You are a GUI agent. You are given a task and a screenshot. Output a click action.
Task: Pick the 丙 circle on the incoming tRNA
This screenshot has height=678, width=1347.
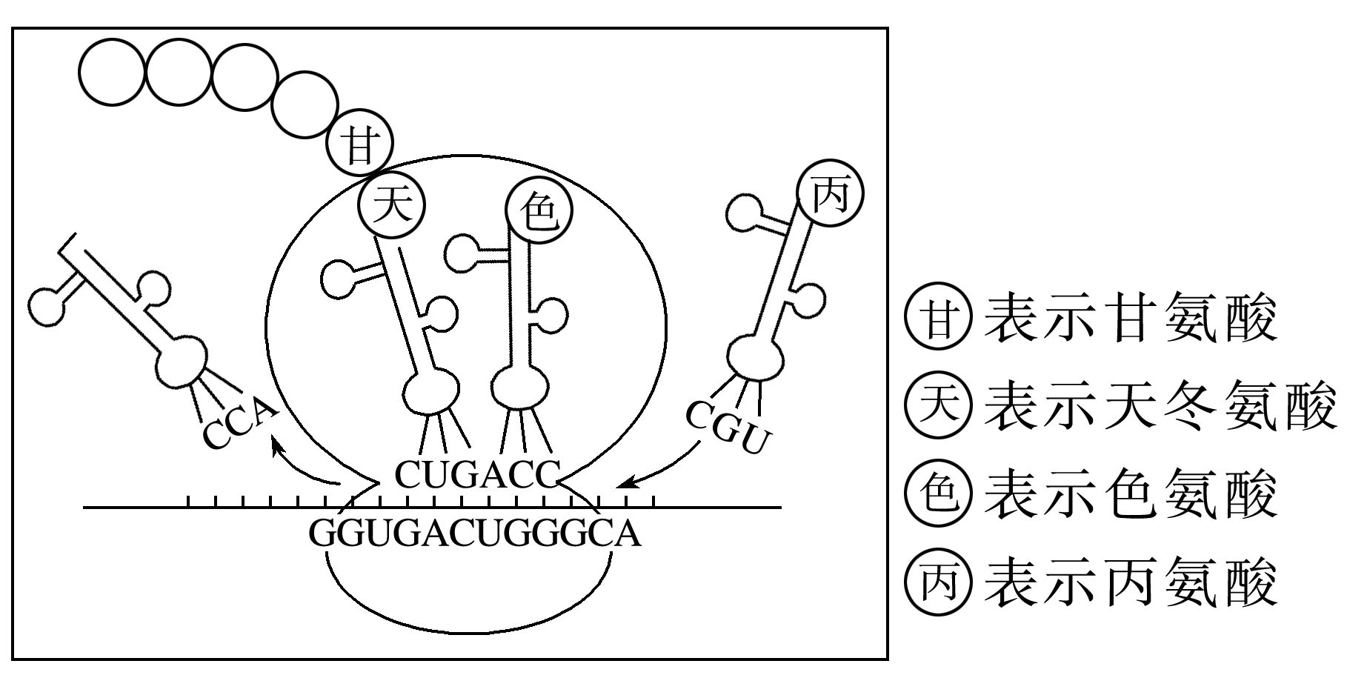[831, 195]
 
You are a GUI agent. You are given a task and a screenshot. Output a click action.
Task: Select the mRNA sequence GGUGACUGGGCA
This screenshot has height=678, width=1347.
[474, 533]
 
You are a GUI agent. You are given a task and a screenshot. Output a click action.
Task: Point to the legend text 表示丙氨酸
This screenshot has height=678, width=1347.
[1131, 582]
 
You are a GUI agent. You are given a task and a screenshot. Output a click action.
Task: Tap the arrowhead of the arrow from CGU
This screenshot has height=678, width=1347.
[623, 483]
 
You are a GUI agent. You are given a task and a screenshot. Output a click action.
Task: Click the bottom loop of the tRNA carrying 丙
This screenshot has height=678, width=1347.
[755, 358]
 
